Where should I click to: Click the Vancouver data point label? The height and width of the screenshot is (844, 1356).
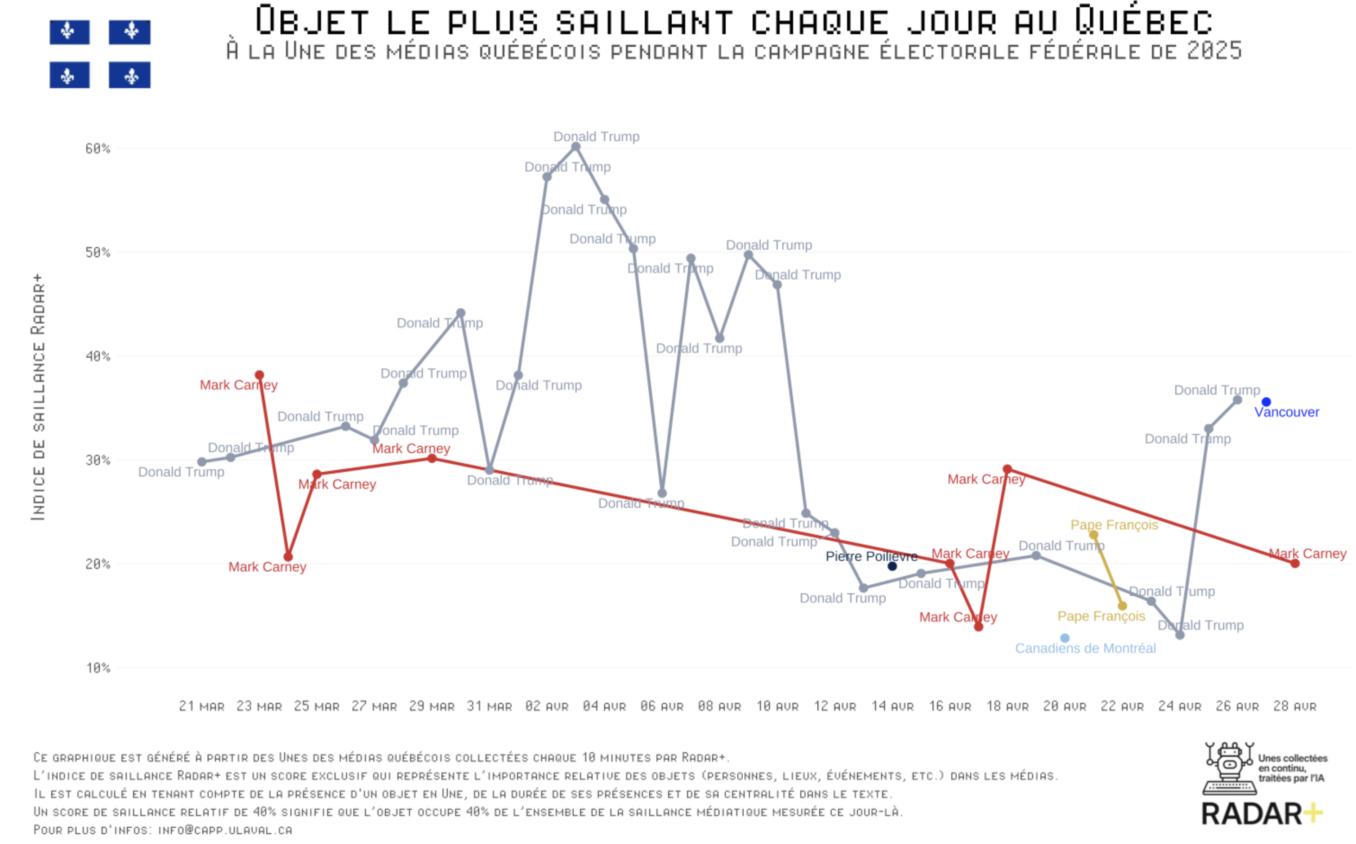(1286, 412)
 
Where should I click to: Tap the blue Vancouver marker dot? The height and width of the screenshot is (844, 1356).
(1266, 402)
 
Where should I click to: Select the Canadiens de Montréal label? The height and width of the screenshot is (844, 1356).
(1085, 648)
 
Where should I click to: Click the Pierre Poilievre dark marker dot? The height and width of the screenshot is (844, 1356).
(892, 567)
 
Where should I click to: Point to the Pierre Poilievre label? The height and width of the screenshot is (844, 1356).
(871, 556)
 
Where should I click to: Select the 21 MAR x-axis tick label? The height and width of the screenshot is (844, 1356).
(201, 706)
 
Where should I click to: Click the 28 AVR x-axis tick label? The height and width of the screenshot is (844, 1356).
(1294, 706)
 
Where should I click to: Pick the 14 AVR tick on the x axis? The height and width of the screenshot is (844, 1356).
(892, 706)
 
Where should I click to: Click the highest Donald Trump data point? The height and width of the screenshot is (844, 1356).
(575, 147)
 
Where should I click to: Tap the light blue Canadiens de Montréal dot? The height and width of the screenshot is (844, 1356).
(1065, 638)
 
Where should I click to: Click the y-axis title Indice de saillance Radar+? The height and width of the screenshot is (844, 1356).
(38, 397)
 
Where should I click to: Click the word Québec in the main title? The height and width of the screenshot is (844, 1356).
(1144, 21)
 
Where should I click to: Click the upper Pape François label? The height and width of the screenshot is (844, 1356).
(1114, 525)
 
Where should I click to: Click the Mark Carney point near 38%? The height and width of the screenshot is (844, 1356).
(259, 375)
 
